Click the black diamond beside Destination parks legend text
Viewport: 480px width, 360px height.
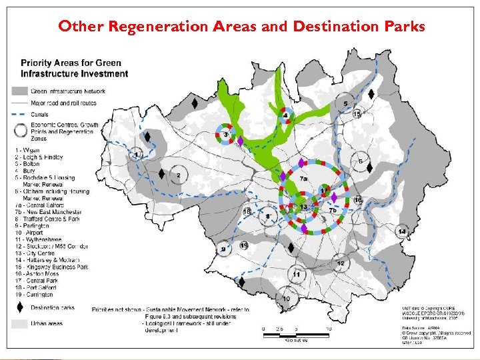click(20, 307)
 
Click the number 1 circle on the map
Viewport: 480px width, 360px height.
click(137, 155)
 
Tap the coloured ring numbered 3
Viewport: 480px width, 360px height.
click(226, 135)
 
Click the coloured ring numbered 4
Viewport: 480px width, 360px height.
click(286, 116)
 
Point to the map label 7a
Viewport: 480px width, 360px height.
click(304, 179)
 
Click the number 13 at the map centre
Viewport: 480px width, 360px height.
click(304, 208)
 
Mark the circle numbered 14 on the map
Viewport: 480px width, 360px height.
click(402, 231)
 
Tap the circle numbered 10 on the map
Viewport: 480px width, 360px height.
click(286, 299)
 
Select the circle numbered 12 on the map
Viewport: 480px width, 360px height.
click(341, 263)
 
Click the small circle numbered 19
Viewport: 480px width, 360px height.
click(244, 246)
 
